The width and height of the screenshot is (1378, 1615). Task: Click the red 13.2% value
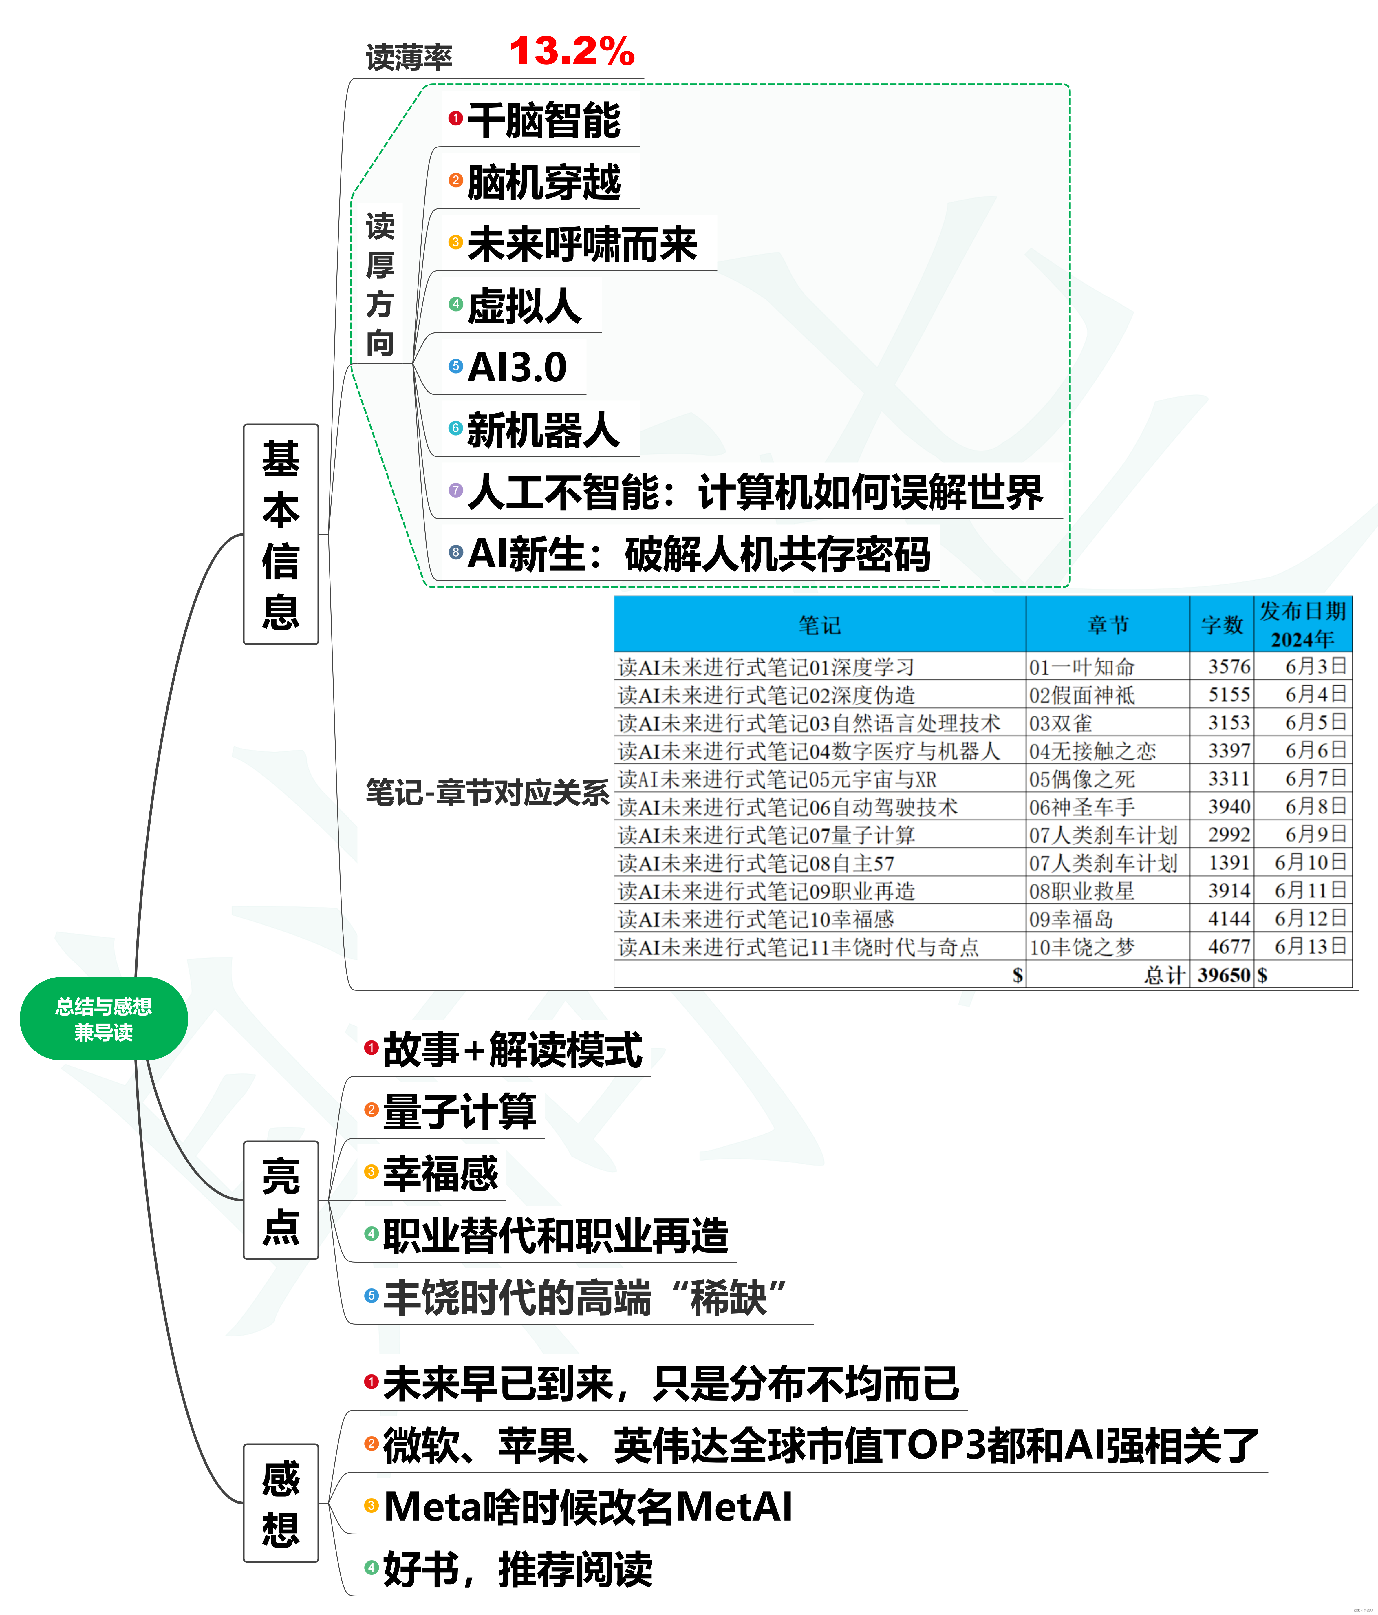click(x=571, y=52)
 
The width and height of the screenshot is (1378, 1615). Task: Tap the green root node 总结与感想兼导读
click(x=104, y=1019)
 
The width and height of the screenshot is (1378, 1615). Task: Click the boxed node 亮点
click(x=281, y=1200)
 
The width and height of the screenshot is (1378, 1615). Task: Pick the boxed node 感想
click(x=281, y=1503)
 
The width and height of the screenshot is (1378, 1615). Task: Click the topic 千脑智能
click(x=543, y=121)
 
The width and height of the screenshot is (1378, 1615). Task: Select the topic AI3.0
click(x=517, y=367)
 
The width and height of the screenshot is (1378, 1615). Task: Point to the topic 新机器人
click(x=543, y=429)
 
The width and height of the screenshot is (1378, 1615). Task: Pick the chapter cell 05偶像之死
click(x=1082, y=779)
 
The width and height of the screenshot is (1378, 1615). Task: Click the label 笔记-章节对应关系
click(x=487, y=793)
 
